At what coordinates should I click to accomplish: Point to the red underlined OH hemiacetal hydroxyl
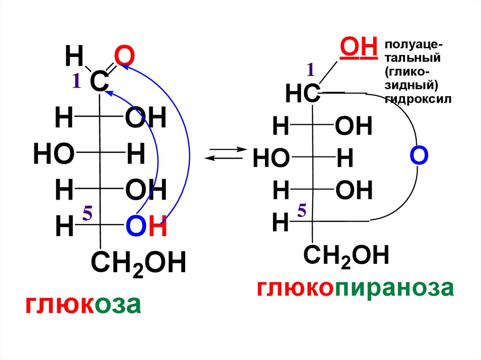359,47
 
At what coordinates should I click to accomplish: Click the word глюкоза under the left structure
83,305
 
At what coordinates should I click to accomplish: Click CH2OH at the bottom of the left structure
139,263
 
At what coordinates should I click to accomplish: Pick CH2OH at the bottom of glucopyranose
346,256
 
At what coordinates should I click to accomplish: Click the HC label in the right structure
303,95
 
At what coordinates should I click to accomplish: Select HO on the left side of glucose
54,154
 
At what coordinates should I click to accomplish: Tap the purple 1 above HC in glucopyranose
310,70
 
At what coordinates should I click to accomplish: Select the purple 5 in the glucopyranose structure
302,212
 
